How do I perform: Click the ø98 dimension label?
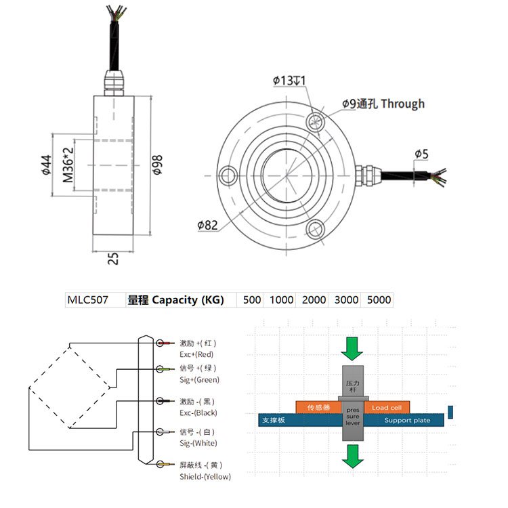[156, 165]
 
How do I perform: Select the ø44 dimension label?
[47, 165]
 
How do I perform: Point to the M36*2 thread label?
[68, 165]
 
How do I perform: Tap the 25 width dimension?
[113, 257]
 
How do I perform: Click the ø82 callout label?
[207, 225]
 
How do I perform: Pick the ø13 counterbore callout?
[289, 81]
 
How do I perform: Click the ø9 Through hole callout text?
[383, 104]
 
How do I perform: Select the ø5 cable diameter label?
[421, 154]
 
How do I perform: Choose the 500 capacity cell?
[252, 300]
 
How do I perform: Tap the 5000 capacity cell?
[378, 300]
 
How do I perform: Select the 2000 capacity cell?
[314, 300]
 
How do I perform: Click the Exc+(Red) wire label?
[196, 354]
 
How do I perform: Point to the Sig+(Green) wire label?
[199, 380]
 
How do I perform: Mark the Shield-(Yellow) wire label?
[205, 476]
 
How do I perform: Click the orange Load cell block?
[387, 407]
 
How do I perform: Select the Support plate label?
[406, 420]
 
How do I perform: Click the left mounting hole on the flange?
[230, 175]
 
